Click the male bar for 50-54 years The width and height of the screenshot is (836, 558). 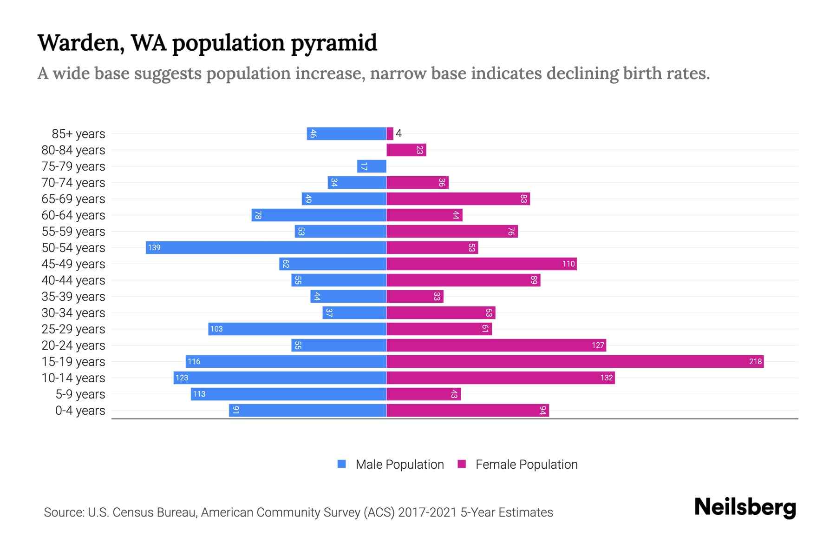(266, 247)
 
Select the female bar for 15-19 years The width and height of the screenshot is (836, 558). (575, 361)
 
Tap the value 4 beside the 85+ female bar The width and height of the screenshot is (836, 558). (398, 134)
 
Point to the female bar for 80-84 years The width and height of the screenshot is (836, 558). (406, 150)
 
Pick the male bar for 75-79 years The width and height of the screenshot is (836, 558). (372, 166)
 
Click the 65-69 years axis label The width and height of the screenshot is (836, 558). (73, 199)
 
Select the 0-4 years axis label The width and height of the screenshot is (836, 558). (80, 411)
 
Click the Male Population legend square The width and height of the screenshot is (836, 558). (342, 464)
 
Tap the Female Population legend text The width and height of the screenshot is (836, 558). (526, 464)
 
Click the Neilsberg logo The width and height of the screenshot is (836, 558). (745, 507)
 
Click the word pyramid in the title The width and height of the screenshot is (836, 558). (334, 43)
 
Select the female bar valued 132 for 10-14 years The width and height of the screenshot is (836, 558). (501, 378)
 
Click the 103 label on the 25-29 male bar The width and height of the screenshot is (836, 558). (216, 329)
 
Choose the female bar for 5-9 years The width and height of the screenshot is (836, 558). (424, 394)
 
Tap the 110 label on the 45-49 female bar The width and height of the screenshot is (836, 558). (568, 264)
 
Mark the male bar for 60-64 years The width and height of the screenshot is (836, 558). (319, 215)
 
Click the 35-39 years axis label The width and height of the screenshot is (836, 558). (73, 297)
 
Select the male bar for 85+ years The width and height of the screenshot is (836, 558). (346, 133)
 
